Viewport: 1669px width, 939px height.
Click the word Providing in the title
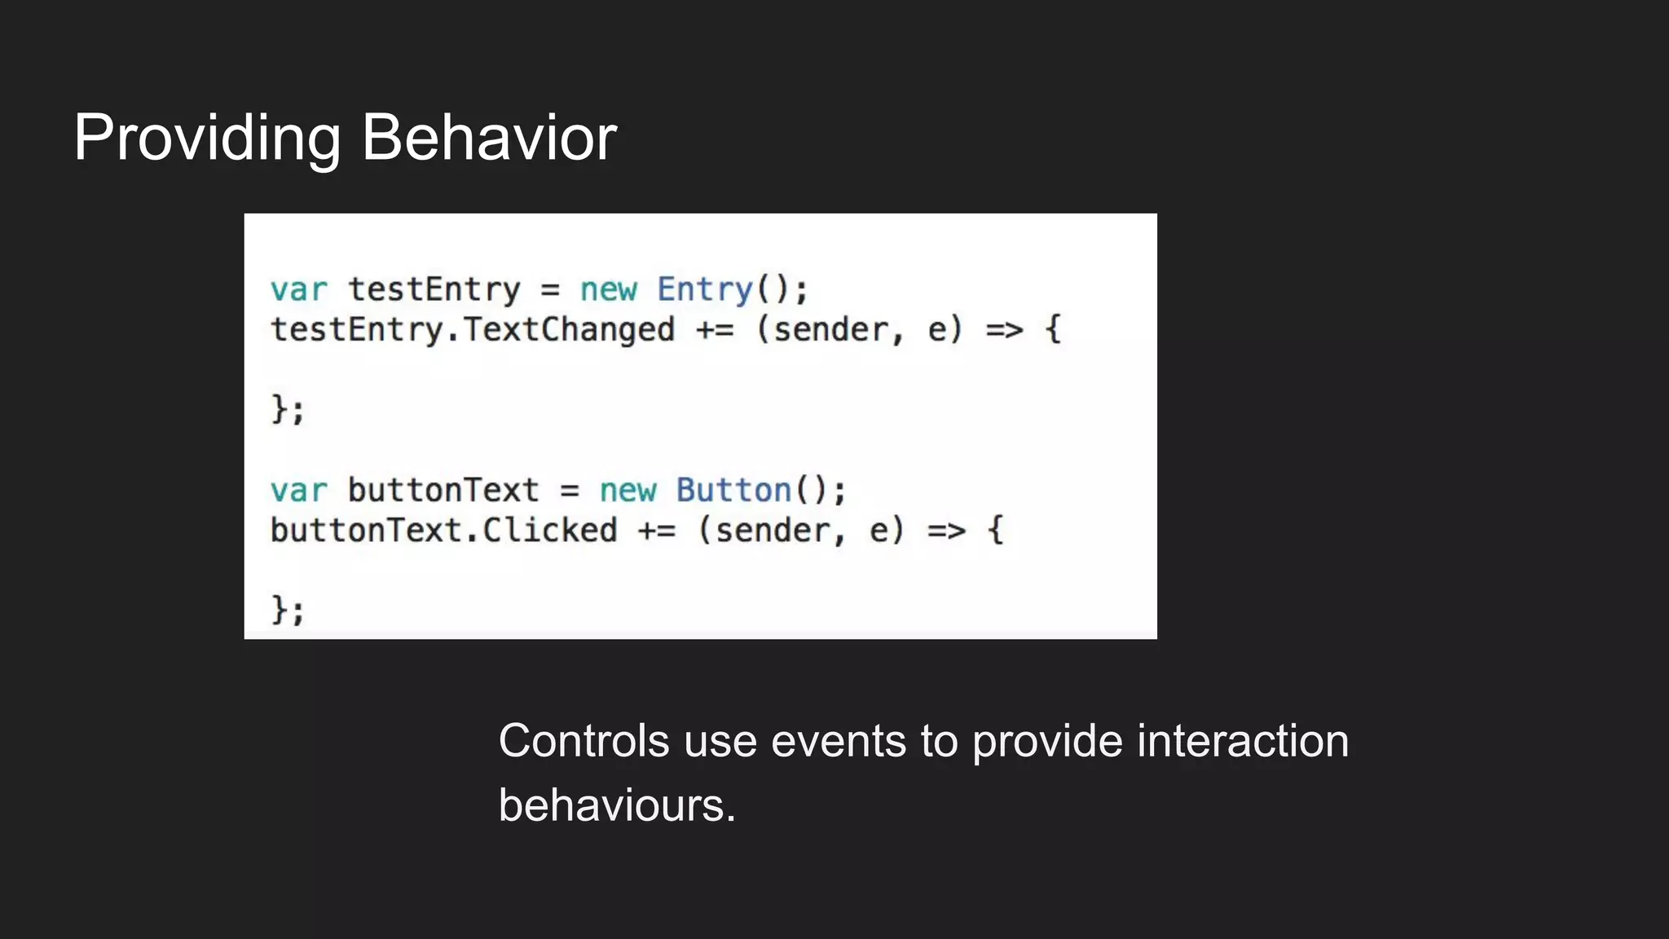click(207, 139)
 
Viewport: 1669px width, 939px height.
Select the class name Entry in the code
click(705, 290)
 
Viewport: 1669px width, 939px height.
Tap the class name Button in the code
click(733, 491)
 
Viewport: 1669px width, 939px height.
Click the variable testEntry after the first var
click(434, 290)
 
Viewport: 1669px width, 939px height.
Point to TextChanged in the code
click(569, 330)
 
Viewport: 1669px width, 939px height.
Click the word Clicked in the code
click(550, 531)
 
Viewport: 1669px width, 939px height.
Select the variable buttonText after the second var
click(443, 491)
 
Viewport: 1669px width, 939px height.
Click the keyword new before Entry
click(608, 290)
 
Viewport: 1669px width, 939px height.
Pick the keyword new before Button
click(628, 491)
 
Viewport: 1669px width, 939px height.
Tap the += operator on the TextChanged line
click(715, 331)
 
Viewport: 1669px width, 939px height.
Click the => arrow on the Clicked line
click(946, 531)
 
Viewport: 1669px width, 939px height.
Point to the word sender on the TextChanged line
click(830, 331)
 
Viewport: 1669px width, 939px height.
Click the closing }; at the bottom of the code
click(288, 610)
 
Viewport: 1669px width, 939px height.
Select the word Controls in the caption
click(583, 741)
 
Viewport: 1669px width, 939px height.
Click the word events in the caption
click(839, 741)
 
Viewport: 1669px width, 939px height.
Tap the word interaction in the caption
click(1243, 741)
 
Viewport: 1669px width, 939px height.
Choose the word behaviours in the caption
click(616, 805)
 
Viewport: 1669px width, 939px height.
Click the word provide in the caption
click(1047, 743)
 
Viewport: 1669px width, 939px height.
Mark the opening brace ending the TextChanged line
click(1053, 330)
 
